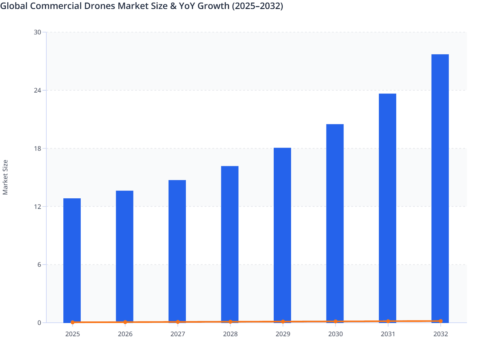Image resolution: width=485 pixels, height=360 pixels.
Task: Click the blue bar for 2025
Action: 72,260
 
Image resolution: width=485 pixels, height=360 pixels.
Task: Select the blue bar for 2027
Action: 177,251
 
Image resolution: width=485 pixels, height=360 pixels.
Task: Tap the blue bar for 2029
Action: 282,235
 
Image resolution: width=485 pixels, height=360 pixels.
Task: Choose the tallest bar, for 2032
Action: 440,188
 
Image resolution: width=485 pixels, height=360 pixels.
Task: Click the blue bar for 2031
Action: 388,207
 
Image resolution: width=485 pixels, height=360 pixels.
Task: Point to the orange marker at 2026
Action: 125,322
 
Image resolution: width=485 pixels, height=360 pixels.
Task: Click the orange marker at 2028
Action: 230,322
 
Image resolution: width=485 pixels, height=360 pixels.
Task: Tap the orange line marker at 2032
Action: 441,321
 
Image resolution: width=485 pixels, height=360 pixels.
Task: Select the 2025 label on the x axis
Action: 73,334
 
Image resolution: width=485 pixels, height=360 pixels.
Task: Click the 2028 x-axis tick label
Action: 230,334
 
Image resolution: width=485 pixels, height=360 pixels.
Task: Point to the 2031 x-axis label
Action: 388,334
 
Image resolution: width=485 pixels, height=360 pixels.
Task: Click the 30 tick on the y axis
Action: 38,32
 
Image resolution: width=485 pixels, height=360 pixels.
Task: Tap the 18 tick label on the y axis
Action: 38,148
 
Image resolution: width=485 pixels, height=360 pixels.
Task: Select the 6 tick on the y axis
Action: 39,265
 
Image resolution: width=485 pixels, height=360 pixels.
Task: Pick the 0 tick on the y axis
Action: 39,323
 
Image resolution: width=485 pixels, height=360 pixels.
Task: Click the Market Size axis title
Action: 5,177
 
